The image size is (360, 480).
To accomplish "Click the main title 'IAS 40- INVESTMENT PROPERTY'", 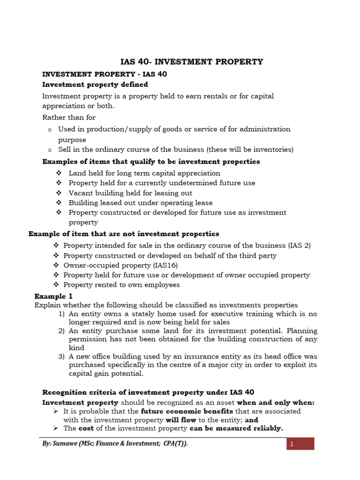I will [192, 62].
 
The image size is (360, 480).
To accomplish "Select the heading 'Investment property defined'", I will [95, 85].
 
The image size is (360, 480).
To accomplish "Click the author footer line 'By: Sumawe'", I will [115, 443].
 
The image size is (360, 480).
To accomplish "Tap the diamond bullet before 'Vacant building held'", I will [59, 193].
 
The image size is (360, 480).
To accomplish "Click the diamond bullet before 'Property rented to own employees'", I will [56, 285].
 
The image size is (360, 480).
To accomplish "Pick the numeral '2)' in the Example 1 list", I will [61, 331].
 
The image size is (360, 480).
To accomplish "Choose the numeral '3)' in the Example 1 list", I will [61, 357].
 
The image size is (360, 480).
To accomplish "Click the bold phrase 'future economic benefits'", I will [187, 411].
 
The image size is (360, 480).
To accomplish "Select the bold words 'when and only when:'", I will [276, 403].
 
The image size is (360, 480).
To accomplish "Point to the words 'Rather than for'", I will [69, 117].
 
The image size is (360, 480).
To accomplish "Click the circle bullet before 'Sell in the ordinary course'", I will [49, 150].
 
